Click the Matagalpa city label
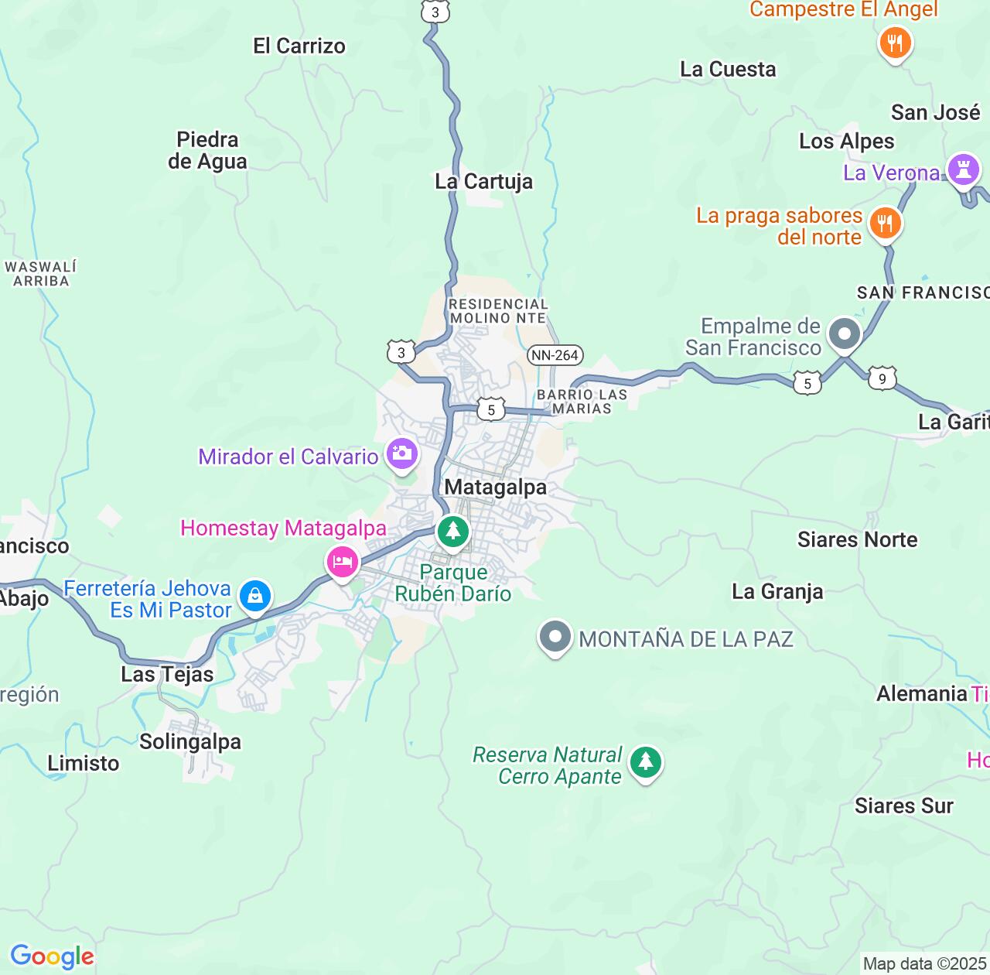[x=495, y=487]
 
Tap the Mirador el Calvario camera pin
[x=402, y=453]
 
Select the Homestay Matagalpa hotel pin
[x=342, y=562]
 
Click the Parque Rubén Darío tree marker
[x=453, y=532]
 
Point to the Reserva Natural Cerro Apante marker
[x=646, y=763]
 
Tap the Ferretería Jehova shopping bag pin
[x=254, y=597]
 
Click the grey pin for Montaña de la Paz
[x=555, y=638]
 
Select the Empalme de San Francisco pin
[x=844, y=335]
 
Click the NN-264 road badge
[x=555, y=355]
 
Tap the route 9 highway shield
[x=882, y=378]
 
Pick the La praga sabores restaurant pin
[x=885, y=224]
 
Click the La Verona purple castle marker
[x=963, y=168]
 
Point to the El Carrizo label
[x=299, y=46]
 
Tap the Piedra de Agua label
[x=207, y=150]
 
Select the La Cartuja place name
[x=484, y=181]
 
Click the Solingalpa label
[x=190, y=741]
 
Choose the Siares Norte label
[x=857, y=539]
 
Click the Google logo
[x=52, y=956]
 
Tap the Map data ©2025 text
[x=924, y=963]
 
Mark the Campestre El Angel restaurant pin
[x=895, y=43]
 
